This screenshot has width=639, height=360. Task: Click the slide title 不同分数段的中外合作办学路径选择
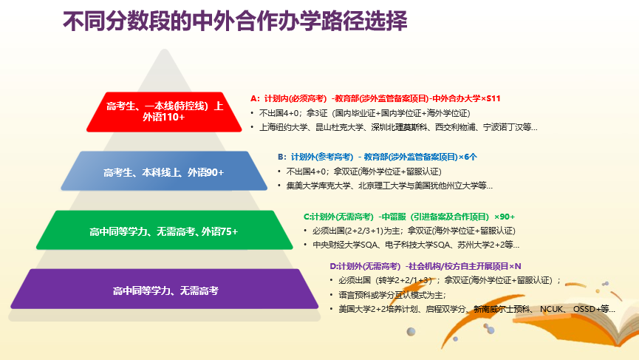[x=235, y=22]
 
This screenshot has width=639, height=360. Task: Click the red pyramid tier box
[x=165, y=111]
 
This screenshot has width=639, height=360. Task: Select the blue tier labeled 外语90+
[x=164, y=172]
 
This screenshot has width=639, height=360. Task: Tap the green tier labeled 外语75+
[x=164, y=231]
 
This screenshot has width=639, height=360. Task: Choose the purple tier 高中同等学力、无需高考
[x=165, y=291]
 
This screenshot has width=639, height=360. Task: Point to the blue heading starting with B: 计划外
[x=377, y=157]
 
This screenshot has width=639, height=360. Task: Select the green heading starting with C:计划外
[x=409, y=217]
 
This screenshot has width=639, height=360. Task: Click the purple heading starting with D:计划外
[x=426, y=265]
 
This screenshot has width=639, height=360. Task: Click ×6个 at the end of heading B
[x=467, y=157]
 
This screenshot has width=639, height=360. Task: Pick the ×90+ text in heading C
[x=505, y=217]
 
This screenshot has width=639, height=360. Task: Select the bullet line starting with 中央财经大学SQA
[x=416, y=245]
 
